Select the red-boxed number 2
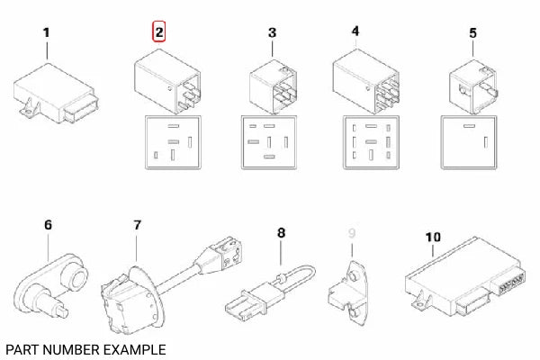pos(159,33)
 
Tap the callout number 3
pos(272,33)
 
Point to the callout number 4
pos(355,31)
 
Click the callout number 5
pos(472,32)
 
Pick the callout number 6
pos(48,227)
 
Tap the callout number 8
pos(281,233)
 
